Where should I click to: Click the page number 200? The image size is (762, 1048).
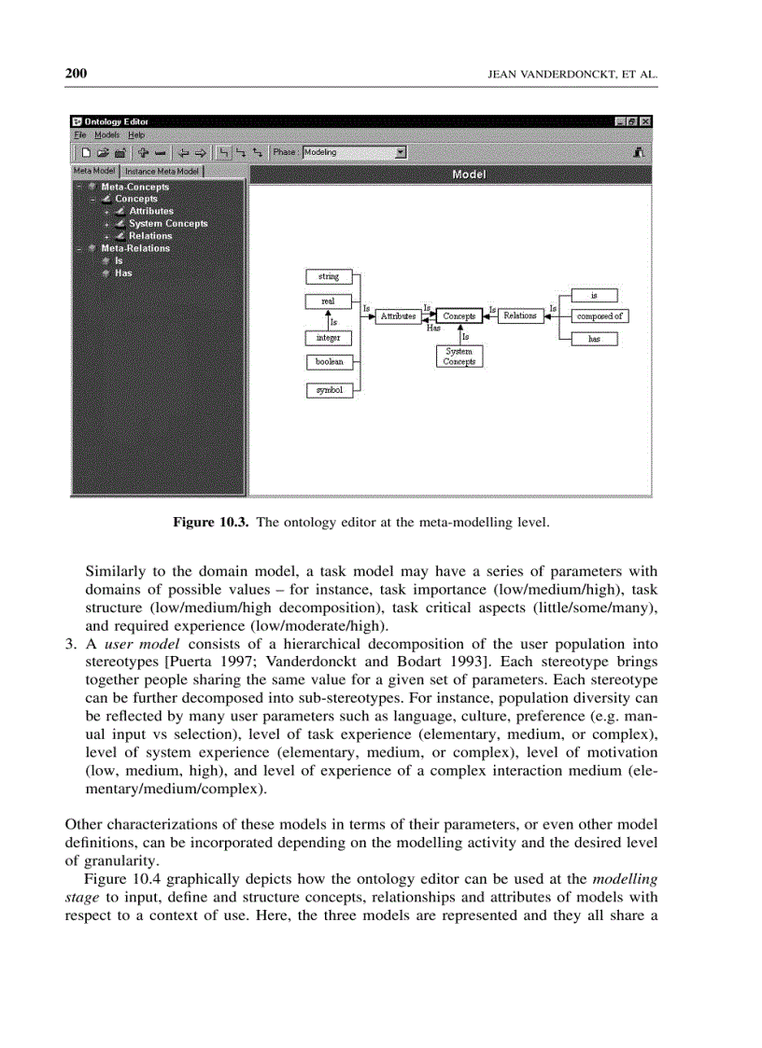click(76, 74)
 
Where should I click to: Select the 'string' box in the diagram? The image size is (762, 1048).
click(329, 276)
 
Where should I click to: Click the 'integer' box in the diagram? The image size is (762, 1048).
click(329, 338)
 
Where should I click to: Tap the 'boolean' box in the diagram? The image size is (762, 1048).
click(329, 362)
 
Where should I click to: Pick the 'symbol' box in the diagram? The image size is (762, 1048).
click(329, 390)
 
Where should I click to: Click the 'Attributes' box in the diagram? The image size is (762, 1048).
click(398, 316)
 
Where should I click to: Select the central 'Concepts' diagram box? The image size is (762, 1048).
click(459, 316)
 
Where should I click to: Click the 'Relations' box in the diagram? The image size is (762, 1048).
click(520, 316)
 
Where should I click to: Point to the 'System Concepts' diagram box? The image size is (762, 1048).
click(459, 356)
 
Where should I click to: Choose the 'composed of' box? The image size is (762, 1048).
click(599, 316)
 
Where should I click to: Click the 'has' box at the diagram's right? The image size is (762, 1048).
click(594, 340)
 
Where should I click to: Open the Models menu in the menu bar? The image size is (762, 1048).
click(106, 135)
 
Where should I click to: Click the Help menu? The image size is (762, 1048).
click(136, 135)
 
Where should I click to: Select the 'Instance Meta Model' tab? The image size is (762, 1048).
click(162, 172)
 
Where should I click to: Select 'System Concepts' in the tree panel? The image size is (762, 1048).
click(168, 224)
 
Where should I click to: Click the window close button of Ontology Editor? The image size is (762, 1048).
click(645, 121)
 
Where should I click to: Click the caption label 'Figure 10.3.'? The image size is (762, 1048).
click(212, 523)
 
